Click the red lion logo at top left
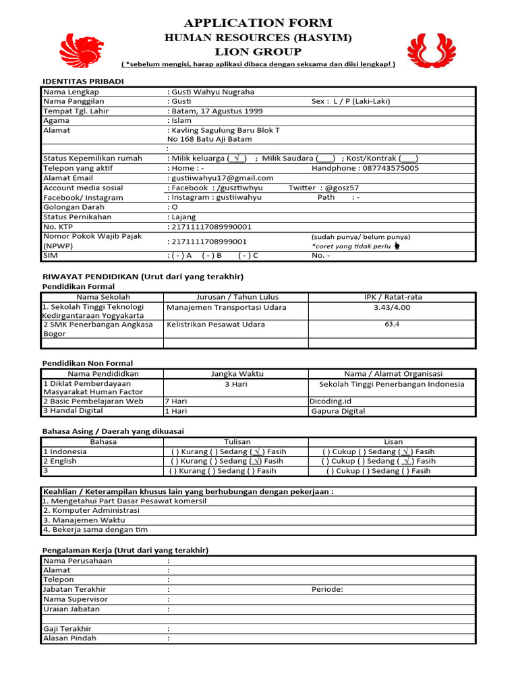coord(82,51)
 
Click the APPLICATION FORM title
coord(259,22)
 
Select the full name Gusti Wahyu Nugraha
coord(212,92)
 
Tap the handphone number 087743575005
coord(380,168)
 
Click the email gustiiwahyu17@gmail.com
coord(223,178)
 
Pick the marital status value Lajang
coord(183,217)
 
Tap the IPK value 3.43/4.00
coord(392,308)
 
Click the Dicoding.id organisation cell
coord(330,401)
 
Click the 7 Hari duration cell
coord(176,401)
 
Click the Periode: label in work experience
coord(327,590)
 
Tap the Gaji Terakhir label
coord(67,629)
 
